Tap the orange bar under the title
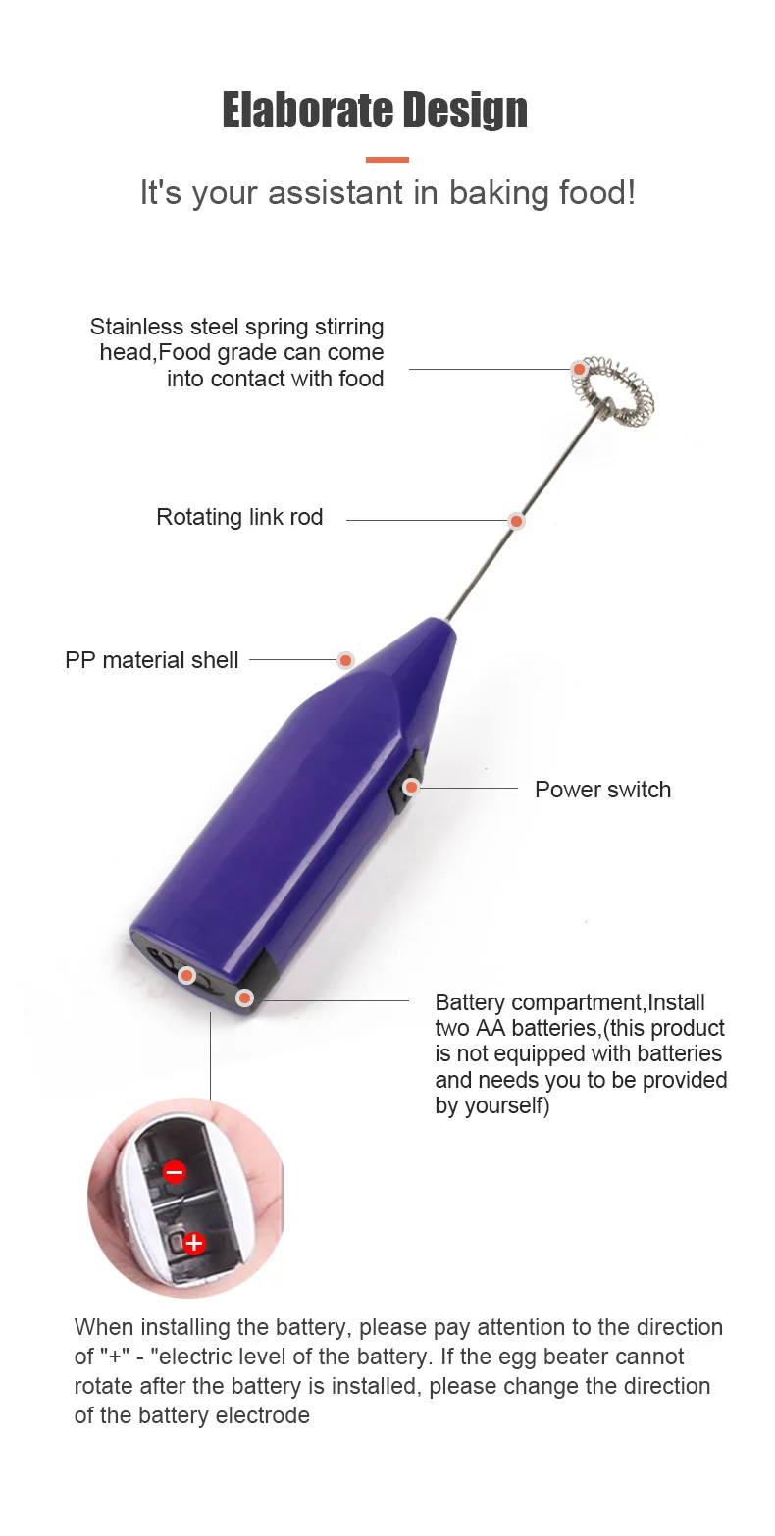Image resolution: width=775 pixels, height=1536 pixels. (387, 160)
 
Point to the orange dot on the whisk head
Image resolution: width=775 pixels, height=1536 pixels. (580, 370)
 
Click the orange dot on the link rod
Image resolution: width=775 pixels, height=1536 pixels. (516, 521)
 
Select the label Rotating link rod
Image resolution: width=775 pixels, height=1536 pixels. (239, 517)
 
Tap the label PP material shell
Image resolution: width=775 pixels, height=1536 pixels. (151, 660)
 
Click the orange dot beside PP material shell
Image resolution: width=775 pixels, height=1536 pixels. (345, 660)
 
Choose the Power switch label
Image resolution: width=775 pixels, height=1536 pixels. (602, 790)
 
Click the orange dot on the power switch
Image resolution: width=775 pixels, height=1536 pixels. (411, 787)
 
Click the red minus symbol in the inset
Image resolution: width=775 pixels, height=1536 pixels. (175, 1171)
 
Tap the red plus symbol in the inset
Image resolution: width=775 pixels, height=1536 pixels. (194, 1244)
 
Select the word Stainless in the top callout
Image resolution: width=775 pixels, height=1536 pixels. (136, 327)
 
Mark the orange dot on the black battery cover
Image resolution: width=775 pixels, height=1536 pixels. (244, 998)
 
